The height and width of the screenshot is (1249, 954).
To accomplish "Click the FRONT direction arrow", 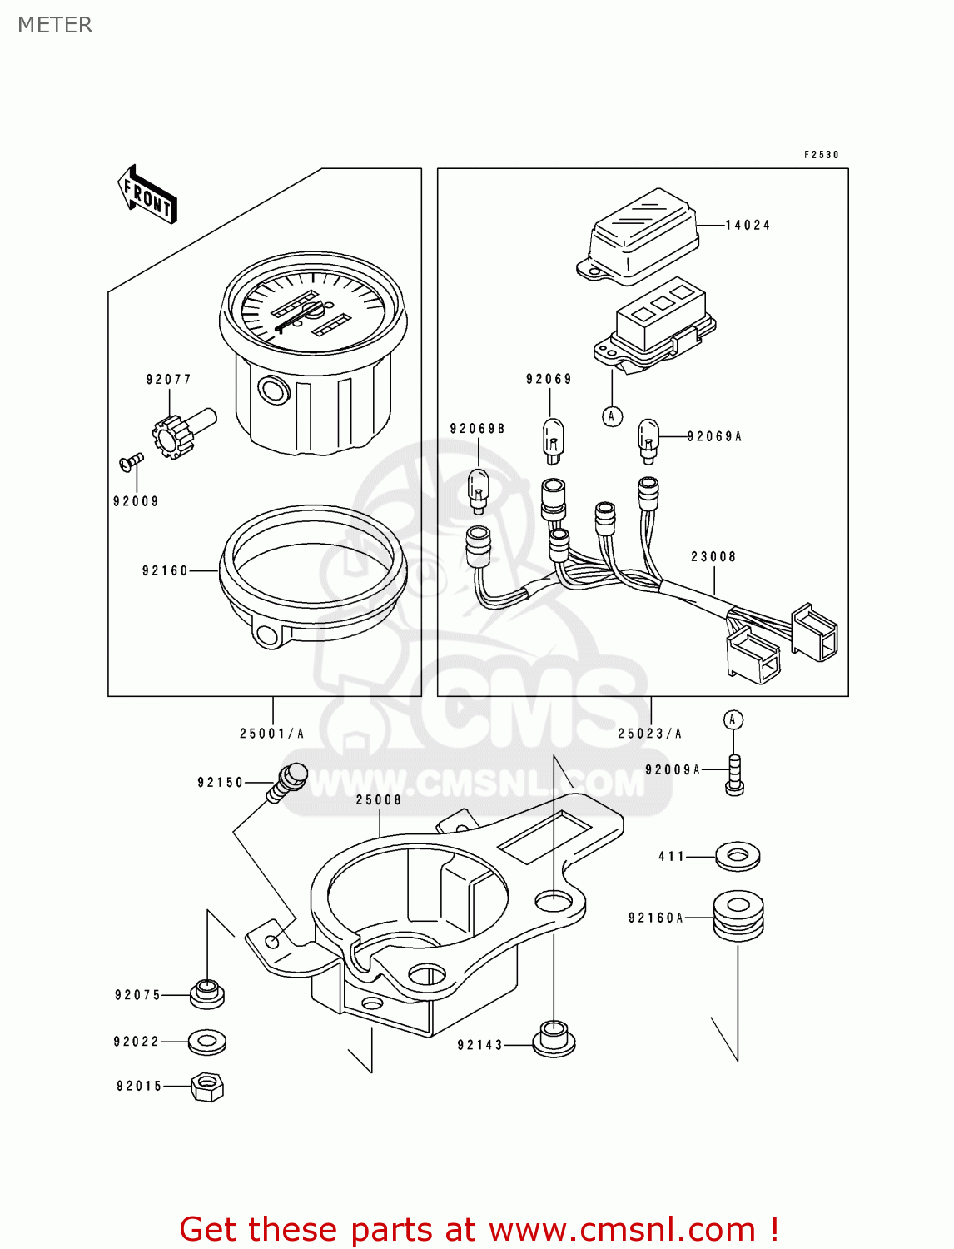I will (x=148, y=195).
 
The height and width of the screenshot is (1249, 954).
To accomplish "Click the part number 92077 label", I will (x=169, y=380).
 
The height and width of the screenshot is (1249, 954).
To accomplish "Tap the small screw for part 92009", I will (x=132, y=461).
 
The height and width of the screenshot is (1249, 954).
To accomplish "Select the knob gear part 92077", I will (x=173, y=433).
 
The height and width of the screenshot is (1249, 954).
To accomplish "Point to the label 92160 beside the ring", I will (x=165, y=571).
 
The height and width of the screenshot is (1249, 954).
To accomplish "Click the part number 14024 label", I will (x=748, y=226).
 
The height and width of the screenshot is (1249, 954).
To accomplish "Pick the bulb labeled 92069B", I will (x=479, y=490).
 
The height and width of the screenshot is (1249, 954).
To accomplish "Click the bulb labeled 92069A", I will (x=648, y=440).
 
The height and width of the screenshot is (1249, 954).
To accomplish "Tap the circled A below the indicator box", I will (x=612, y=416).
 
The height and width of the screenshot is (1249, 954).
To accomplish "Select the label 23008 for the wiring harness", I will (x=713, y=557).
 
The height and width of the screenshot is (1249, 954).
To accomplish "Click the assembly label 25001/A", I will (x=272, y=734).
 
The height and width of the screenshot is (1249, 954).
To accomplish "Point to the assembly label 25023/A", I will (x=650, y=734).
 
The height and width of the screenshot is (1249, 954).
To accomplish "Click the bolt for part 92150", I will (x=288, y=781).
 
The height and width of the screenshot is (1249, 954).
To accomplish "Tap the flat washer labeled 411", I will (x=738, y=855).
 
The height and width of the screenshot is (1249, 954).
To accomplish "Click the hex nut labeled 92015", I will (x=206, y=1087).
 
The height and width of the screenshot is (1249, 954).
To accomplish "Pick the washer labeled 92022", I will (x=206, y=1042).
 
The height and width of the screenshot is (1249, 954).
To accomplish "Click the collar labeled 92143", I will (x=554, y=1039).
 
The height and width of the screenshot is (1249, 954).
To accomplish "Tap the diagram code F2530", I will (x=821, y=155).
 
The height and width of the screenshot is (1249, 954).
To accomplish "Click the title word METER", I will (x=55, y=25).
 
